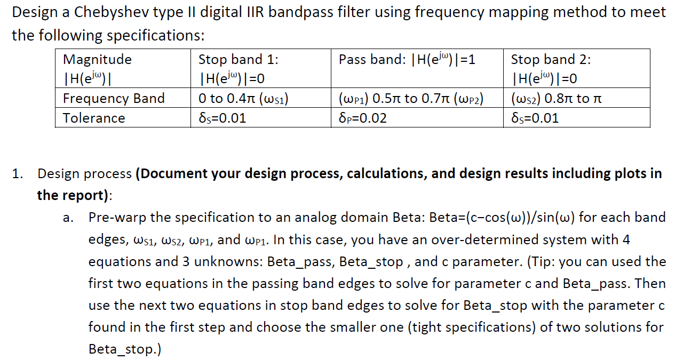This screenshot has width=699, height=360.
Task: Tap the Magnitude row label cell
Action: [123, 68]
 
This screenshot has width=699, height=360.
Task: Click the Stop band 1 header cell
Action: [261, 68]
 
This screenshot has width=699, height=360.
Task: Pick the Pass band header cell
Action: [417, 68]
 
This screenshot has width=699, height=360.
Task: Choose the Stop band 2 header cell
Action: [577, 68]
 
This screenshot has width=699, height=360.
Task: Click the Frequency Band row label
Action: [114, 98]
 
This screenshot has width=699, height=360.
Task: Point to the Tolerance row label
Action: [94, 118]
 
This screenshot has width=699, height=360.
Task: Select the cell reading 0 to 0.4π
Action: [261, 98]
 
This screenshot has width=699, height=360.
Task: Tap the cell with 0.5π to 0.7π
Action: [417, 98]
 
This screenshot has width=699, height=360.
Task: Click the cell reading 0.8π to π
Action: [577, 98]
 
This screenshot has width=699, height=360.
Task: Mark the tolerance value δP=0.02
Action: [363, 118]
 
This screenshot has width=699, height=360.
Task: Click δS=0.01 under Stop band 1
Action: [222, 118]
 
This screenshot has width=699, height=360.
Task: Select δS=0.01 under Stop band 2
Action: [535, 118]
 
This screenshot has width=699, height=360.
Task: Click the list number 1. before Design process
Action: [18, 174]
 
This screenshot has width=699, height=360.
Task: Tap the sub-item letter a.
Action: [68, 218]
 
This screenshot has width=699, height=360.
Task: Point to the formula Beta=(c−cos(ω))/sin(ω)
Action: [502, 218]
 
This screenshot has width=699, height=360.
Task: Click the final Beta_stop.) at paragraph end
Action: [125, 349]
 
